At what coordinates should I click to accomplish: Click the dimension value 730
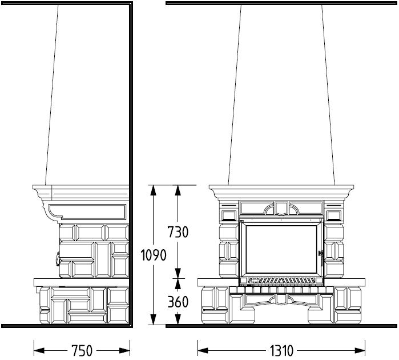point(178,232)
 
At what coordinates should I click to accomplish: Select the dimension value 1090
point(154,255)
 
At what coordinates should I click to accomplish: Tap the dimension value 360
point(178,302)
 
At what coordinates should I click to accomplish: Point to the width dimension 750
point(82,351)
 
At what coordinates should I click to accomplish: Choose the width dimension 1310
point(281,351)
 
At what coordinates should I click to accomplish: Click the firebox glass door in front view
point(281,250)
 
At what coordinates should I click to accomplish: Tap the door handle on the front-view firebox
point(321,257)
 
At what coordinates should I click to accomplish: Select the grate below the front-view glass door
point(281,281)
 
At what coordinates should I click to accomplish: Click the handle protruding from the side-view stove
point(58,259)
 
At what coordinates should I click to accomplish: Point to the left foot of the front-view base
point(243,315)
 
